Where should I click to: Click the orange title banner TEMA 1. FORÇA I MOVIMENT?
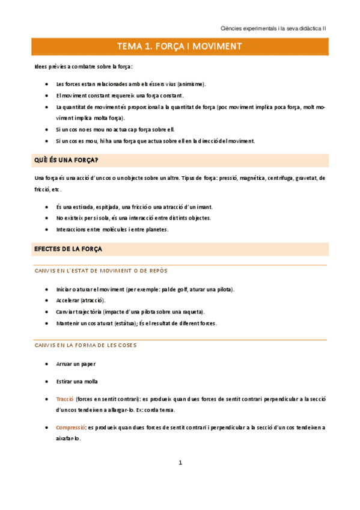180,46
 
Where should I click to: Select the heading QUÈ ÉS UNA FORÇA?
67,159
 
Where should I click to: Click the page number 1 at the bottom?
180,462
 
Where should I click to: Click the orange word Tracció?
64,399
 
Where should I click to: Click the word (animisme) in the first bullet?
191,84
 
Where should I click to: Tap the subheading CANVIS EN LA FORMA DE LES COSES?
85,345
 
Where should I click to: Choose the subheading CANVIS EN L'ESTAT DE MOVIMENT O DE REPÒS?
101,271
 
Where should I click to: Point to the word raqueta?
191,312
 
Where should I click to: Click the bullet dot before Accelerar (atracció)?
47,300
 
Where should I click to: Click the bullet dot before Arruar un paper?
47,364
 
